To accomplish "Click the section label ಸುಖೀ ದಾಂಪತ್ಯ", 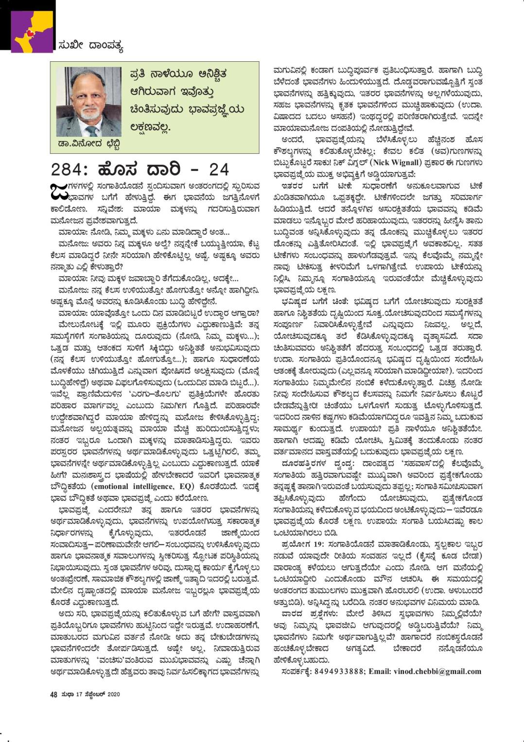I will (x=90, y=47).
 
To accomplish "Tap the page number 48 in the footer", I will (x=54, y=694).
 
